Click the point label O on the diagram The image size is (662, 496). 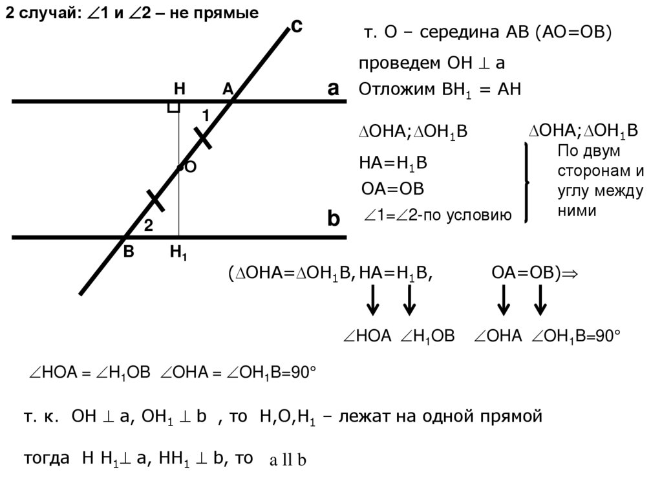[191, 167]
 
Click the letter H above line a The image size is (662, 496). [179, 90]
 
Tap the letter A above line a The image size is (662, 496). [228, 90]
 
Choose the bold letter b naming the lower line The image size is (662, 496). [333, 219]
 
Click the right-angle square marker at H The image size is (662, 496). [173, 107]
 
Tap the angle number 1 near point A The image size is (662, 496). [205, 116]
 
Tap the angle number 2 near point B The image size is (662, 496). [148, 226]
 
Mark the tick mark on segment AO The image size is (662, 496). [203, 137]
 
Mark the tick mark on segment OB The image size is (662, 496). [155, 200]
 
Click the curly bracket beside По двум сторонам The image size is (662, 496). [527, 183]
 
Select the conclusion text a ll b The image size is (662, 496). [287, 460]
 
